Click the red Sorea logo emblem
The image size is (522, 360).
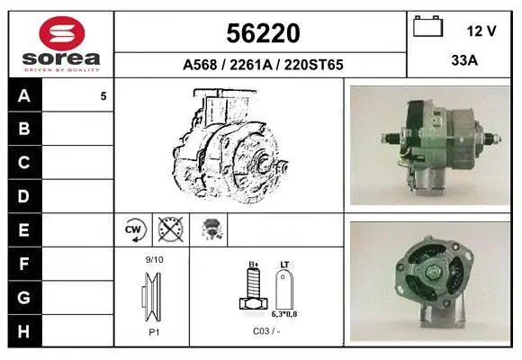click(x=62, y=33)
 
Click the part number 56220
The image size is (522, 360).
click(x=263, y=33)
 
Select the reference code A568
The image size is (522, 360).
click(x=200, y=65)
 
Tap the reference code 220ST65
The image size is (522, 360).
click(x=313, y=65)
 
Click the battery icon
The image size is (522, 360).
click(x=427, y=26)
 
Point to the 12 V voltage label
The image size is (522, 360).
click(x=481, y=31)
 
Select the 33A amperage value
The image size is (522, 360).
click(x=464, y=60)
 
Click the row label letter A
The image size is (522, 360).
click(x=24, y=96)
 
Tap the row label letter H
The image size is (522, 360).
click(x=23, y=331)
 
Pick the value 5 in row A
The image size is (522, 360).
click(x=103, y=96)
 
